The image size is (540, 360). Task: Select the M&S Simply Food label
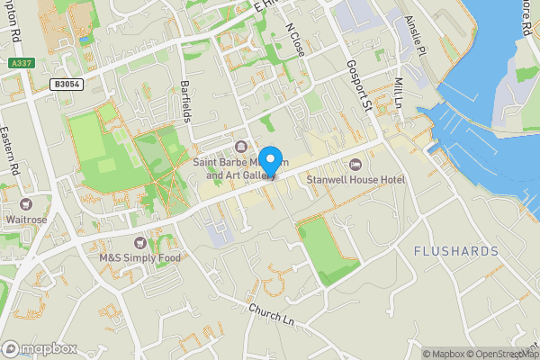coord(139,257)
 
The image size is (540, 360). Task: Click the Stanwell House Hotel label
coord(355,179)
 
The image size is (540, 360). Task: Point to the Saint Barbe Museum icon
coord(240,148)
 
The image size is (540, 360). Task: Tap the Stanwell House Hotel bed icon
coord(355,164)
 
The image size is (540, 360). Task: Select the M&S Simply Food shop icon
coord(139,243)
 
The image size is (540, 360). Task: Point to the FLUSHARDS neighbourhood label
coord(455,250)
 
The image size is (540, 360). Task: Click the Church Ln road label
coord(272,314)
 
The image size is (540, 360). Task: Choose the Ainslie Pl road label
coord(413,37)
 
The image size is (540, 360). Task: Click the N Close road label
coord(294,41)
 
